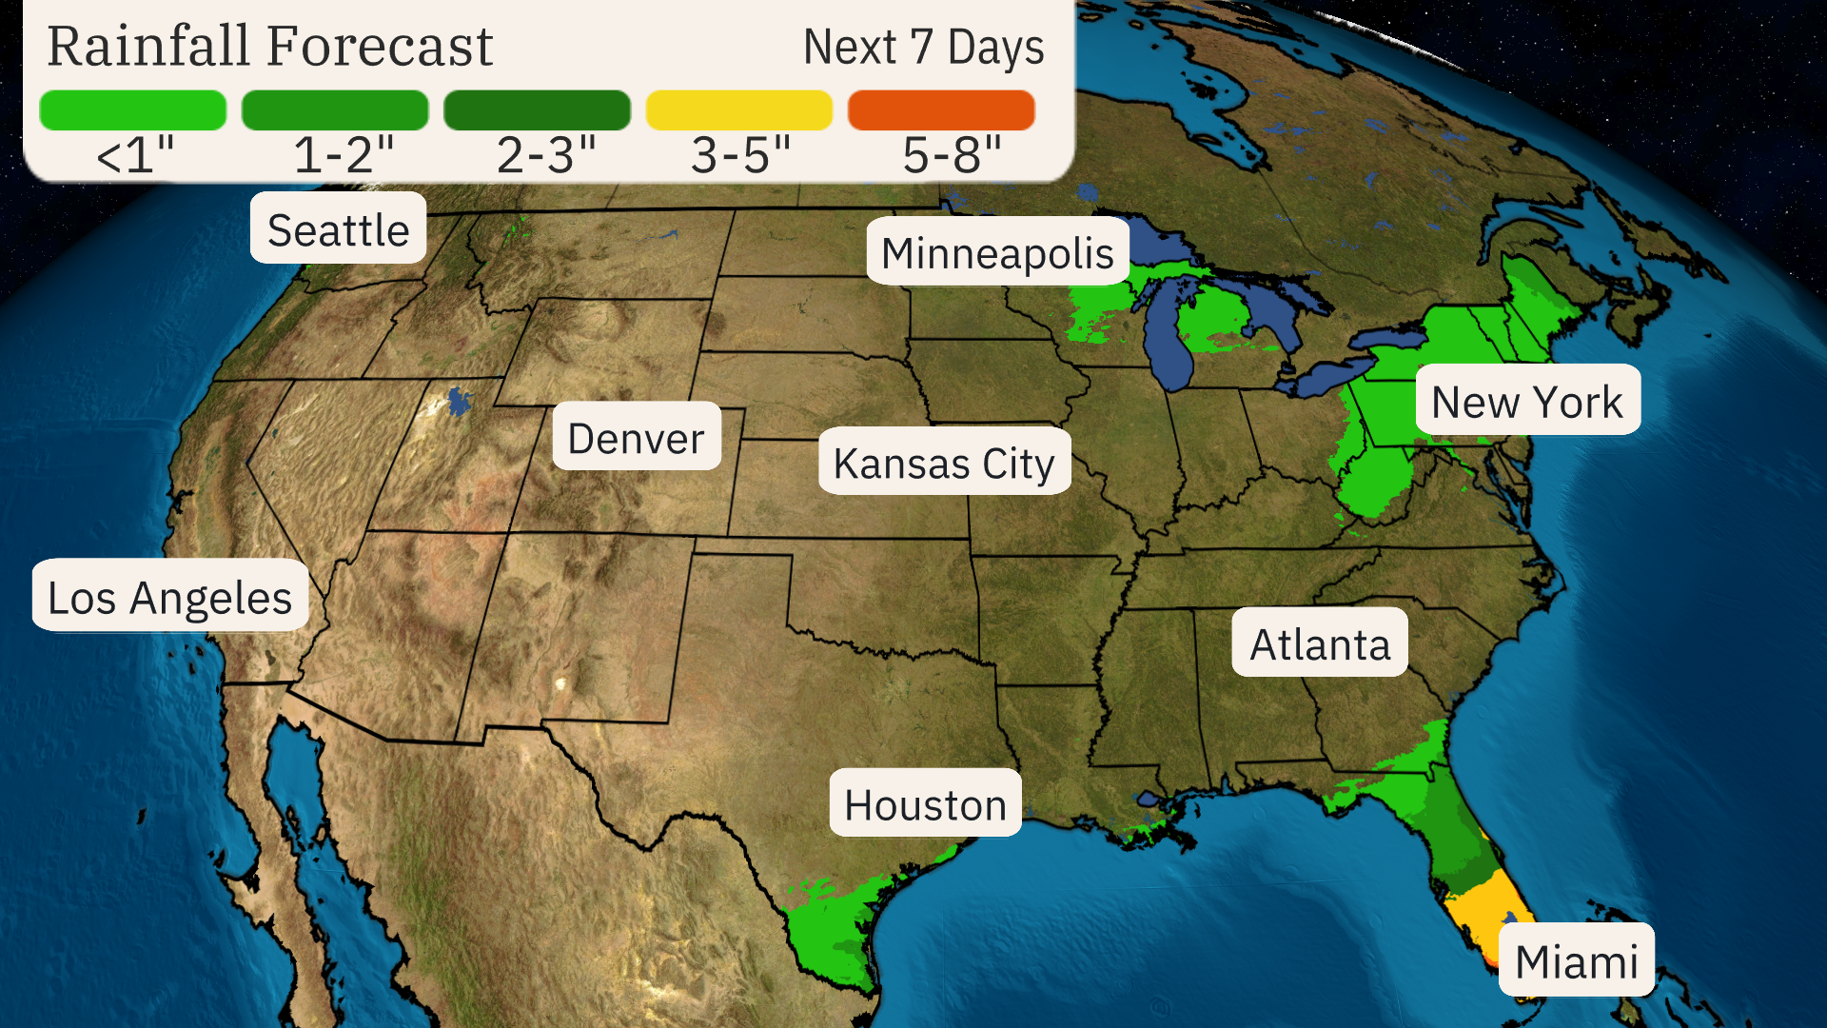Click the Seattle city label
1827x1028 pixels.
click(x=338, y=228)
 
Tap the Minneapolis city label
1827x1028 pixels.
click(x=996, y=252)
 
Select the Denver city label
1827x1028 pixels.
click(x=636, y=437)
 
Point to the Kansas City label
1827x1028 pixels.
click(x=943, y=463)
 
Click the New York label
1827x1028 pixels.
click(x=1526, y=401)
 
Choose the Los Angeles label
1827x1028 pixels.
click(x=169, y=596)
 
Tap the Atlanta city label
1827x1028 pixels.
click(x=1319, y=643)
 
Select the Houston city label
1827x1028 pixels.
click(x=925, y=803)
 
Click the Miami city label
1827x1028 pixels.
click(x=1576, y=959)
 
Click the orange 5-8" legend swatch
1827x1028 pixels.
click(x=940, y=110)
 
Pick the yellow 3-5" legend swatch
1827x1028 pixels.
click(x=738, y=110)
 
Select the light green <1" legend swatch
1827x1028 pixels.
click(x=133, y=110)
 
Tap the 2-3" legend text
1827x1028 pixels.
click(x=546, y=154)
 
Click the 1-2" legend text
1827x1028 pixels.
click(x=344, y=154)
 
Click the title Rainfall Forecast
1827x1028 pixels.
click(x=270, y=46)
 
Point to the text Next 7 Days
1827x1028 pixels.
click(x=923, y=48)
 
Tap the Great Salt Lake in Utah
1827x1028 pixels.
click(x=459, y=400)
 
